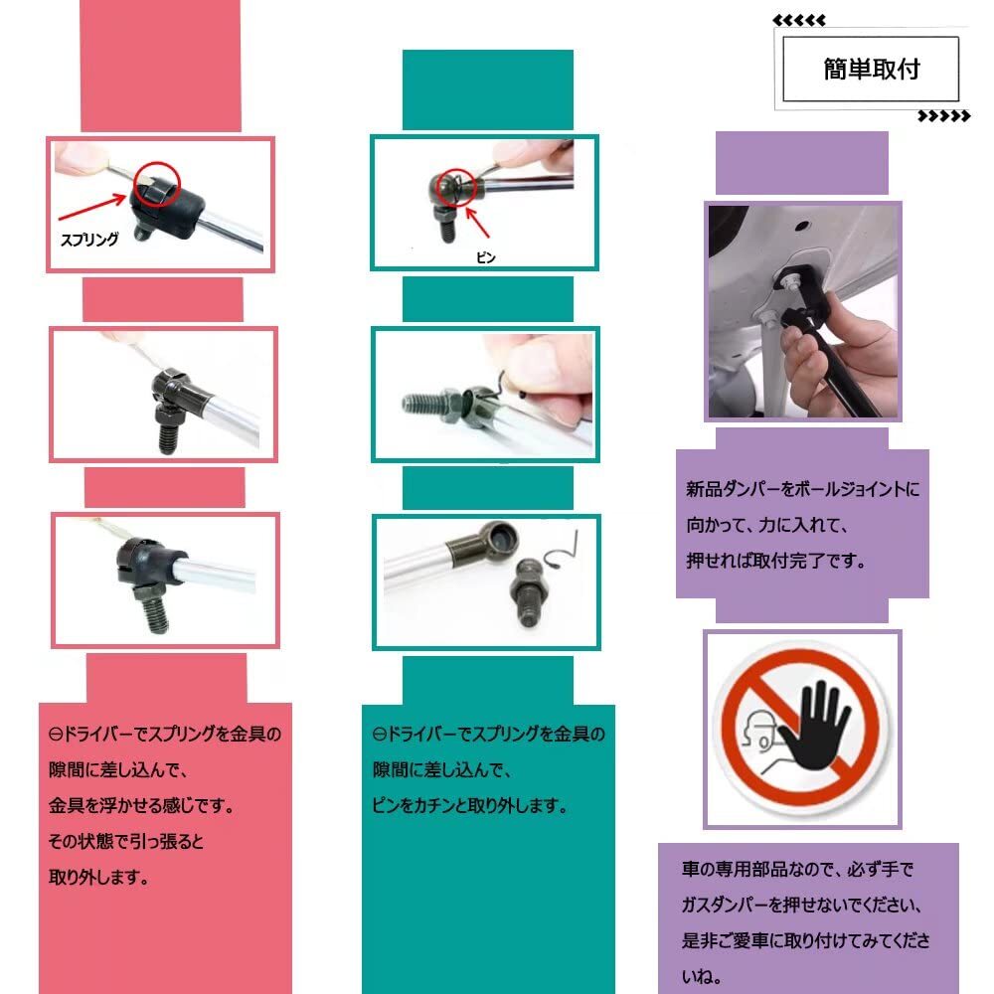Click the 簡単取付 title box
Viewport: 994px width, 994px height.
point(871,69)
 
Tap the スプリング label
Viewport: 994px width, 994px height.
point(89,239)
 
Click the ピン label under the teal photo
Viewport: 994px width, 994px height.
point(485,256)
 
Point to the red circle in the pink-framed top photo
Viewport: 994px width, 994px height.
point(156,184)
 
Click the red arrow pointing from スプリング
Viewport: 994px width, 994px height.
point(94,205)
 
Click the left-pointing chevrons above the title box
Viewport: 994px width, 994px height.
point(798,20)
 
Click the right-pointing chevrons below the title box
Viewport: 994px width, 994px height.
point(943,116)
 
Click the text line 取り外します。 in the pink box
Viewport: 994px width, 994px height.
point(98,878)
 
